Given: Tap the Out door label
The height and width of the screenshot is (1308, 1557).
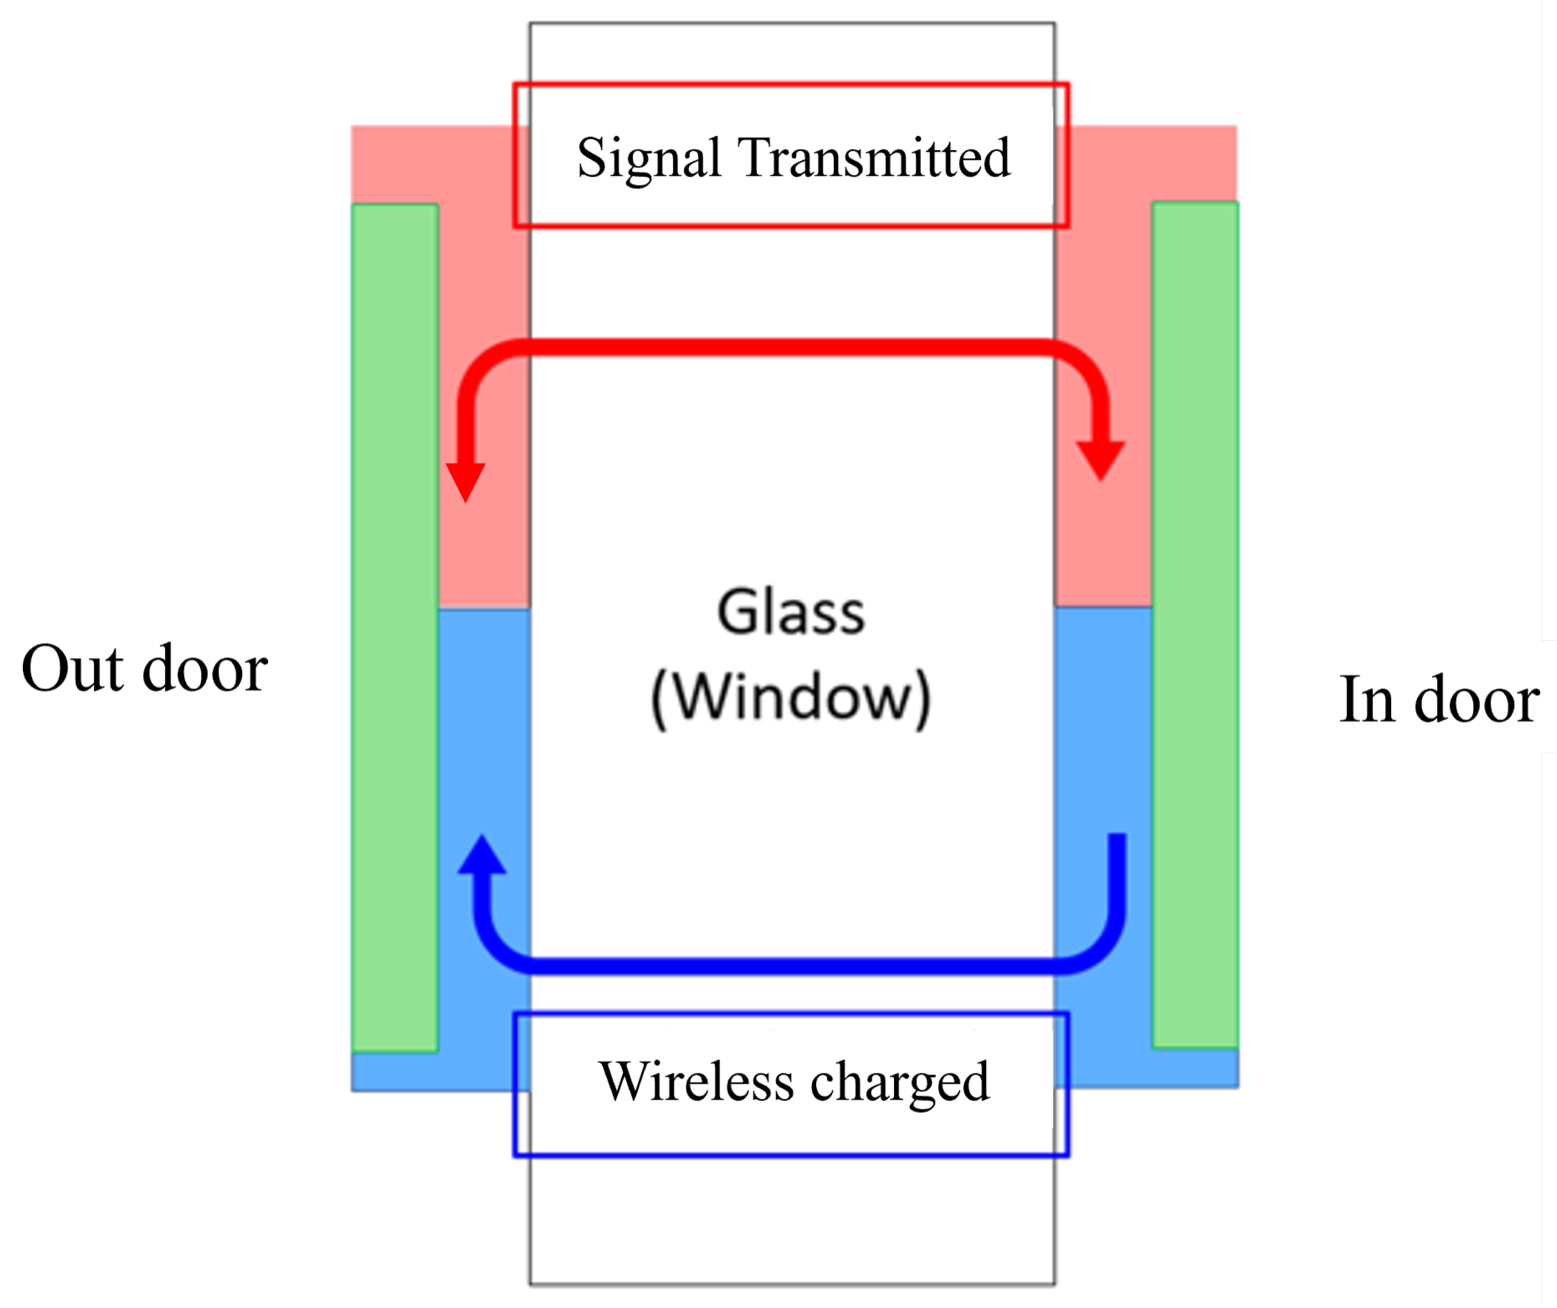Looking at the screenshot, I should [x=145, y=669].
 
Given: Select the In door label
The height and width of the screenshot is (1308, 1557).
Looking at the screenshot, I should [x=1439, y=700].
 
